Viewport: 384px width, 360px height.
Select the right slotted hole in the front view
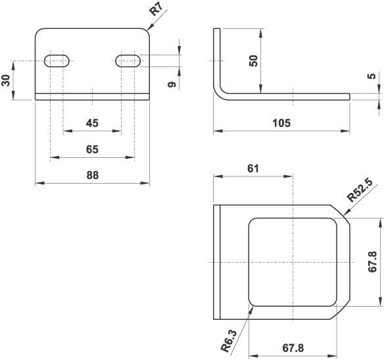[128, 61]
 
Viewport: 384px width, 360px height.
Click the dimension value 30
[7, 80]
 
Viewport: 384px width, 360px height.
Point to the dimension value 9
[171, 85]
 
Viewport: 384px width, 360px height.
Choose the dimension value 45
[92, 123]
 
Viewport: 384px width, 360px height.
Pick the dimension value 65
[92, 149]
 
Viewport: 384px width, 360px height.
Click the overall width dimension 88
[92, 175]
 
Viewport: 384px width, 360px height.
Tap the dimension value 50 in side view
[253, 61]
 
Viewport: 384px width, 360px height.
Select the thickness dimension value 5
[373, 76]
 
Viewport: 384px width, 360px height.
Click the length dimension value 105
[281, 123]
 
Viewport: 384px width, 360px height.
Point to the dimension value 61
[252, 168]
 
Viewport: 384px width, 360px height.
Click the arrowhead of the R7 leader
[147, 30]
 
